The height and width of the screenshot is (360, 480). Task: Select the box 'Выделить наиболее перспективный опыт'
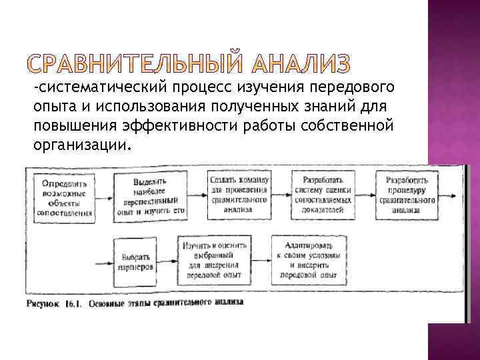(x=149, y=195)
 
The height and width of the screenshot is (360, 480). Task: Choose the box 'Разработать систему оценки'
(x=324, y=194)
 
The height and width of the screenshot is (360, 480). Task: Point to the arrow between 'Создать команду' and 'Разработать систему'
(x=281, y=195)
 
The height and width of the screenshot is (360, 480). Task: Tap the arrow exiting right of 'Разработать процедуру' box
(x=451, y=195)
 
